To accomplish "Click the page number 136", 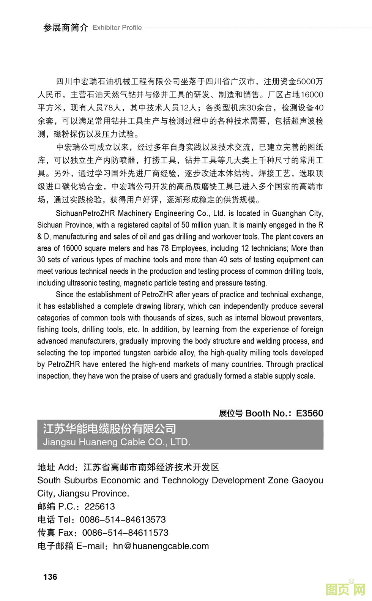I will pyautogui.click(x=50, y=577).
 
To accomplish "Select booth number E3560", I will pyautogui.click(x=309, y=413).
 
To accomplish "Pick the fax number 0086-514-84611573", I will pyautogui.click(x=125, y=533).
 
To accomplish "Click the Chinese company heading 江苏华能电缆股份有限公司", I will pyautogui.click(x=109, y=429).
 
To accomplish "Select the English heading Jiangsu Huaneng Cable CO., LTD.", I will pyautogui.click(x=117, y=442).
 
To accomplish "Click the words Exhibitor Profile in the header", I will pyautogui.click(x=117, y=28).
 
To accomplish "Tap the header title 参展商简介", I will pyautogui.click(x=65, y=28).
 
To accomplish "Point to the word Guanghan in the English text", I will pyautogui.click(x=288, y=213).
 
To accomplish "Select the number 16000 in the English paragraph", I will pyautogui.click(x=73, y=248).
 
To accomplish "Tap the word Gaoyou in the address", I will pyautogui.click(x=307, y=480).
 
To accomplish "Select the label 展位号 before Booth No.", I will pyautogui.click(x=230, y=413).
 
